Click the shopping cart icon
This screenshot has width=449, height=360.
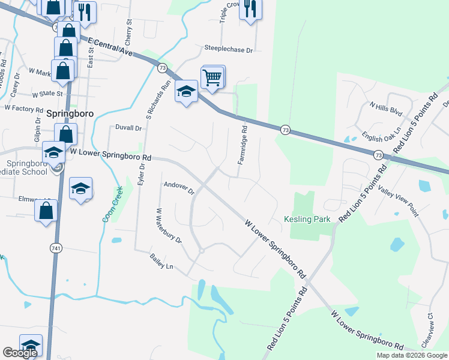pos(213,77)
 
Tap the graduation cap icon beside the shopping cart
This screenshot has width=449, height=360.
pos(187,92)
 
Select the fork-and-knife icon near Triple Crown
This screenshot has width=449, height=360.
pos(250,8)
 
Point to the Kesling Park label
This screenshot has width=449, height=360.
pos(308,219)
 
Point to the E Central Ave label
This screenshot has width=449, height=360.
pos(110,46)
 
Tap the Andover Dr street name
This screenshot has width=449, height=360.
pos(179,187)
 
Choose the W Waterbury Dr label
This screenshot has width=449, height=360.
pos(169,225)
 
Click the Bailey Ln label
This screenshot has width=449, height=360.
pos(161,261)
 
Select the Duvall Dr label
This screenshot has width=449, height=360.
pos(128,128)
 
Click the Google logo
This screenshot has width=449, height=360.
pos(20,353)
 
